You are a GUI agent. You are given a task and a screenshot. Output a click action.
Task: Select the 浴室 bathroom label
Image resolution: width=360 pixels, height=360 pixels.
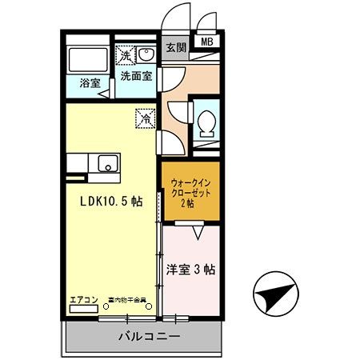pos(89,82)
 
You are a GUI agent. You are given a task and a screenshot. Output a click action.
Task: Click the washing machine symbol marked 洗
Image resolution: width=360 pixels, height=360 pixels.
pos(125,55)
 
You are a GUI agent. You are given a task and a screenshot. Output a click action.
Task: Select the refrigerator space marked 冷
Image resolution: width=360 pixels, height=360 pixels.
pos(146,117)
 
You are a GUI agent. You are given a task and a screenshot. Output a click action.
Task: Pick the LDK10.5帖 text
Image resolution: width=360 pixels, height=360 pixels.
pos(110,202)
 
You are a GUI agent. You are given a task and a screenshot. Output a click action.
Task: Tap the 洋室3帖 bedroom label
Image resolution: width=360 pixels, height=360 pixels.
pos(190,270)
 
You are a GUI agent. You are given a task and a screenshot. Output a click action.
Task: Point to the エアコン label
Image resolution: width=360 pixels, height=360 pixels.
pos(82,300)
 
